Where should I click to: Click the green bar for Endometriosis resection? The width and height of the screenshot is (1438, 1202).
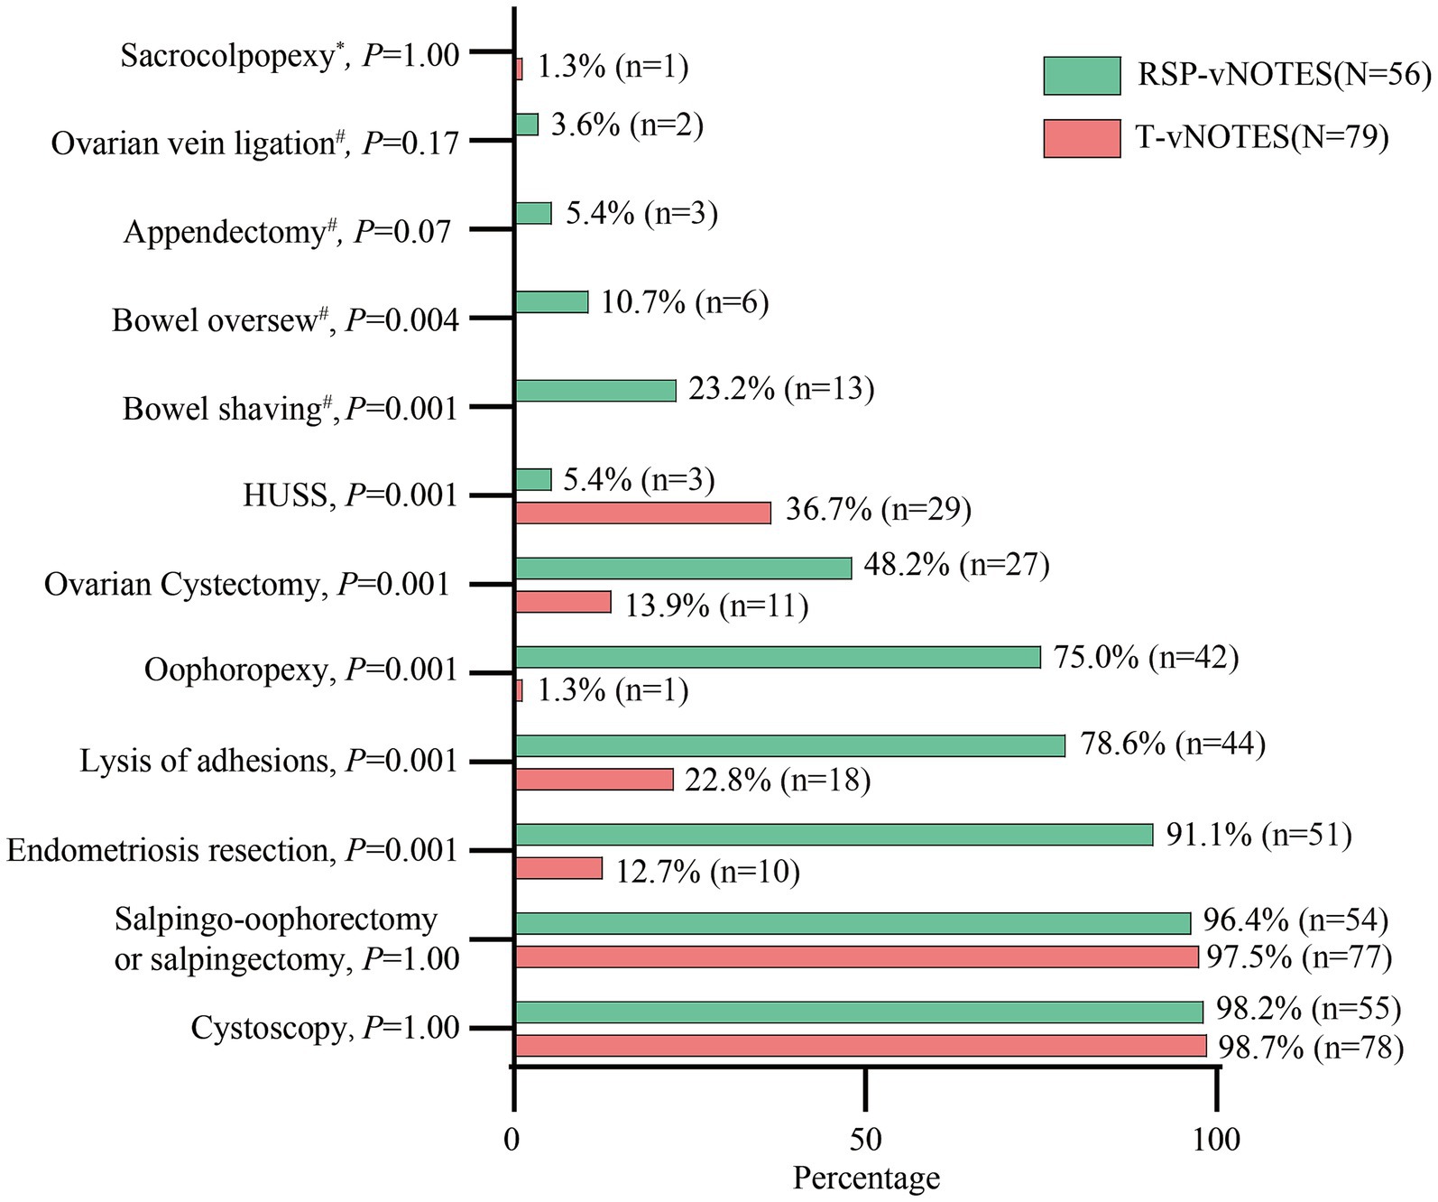coord(834,835)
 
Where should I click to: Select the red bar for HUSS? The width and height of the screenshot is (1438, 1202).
coord(642,513)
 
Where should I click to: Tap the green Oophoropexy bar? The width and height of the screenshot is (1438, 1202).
coord(777,657)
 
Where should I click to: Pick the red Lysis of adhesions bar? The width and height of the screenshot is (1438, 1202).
coord(594,779)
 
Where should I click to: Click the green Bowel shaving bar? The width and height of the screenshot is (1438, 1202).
coord(595,391)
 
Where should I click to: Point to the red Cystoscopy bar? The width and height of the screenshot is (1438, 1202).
coord(860,1046)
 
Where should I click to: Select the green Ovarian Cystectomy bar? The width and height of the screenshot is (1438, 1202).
coord(683,568)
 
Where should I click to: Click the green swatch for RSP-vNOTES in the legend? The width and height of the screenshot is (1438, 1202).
coord(1082,76)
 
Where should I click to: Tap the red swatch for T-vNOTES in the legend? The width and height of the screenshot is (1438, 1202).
coord(1082,138)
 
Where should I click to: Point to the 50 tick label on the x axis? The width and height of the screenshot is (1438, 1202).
coord(864,1140)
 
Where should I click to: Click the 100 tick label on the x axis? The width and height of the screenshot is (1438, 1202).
coord(1216,1140)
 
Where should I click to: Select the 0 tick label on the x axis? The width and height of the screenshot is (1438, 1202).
coord(512,1140)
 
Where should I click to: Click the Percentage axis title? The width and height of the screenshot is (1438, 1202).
coord(866,1178)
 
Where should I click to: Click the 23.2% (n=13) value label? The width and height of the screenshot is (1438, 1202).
coord(781,389)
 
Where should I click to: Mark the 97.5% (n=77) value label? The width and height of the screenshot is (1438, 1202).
coord(1299,956)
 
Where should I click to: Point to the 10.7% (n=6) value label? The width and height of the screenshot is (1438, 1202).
coord(685,302)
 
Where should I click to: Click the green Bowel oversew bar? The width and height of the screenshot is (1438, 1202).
coord(551,301)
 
